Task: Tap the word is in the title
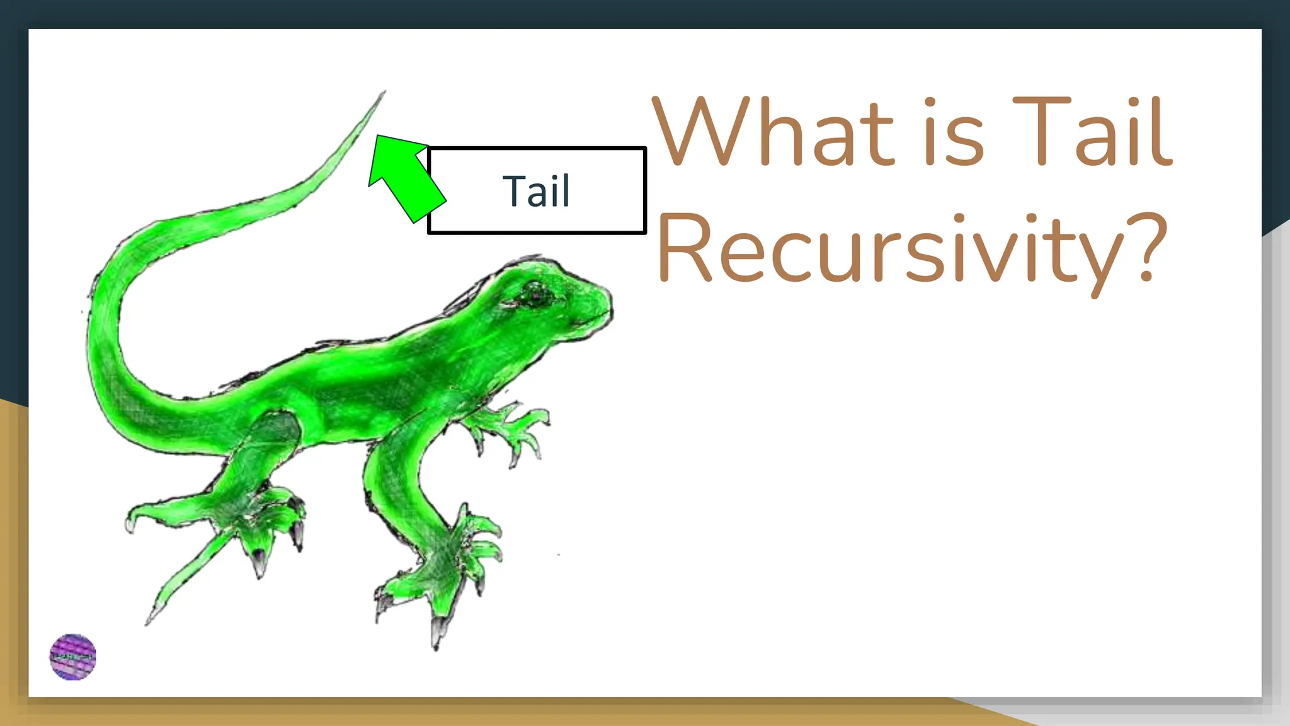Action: point(953,132)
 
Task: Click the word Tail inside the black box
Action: point(536,191)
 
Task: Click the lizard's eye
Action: point(534,294)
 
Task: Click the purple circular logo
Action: point(73,657)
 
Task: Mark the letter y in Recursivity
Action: point(1099,258)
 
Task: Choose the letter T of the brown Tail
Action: point(1040,132)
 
